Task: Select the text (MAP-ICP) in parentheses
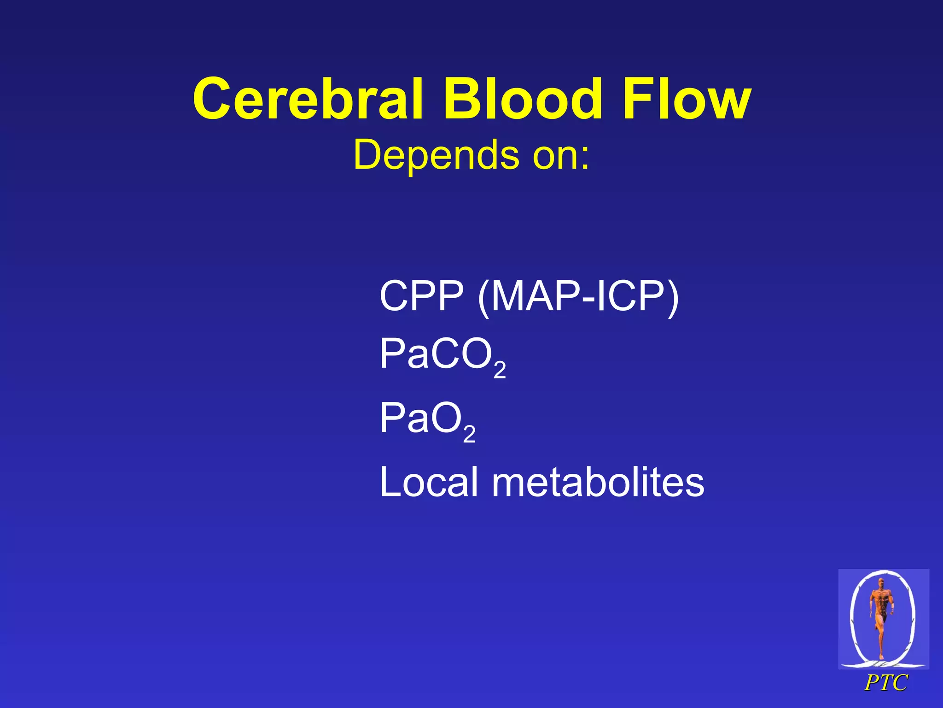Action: click(x=578, y=297)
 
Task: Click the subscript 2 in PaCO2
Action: click(x=500, y=370)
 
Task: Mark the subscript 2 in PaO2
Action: click(x=469, y=435)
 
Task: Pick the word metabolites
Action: click(x=598, y=482)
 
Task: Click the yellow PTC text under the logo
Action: click(x=885, y=683)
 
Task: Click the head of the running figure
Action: click(x=881, y=582)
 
